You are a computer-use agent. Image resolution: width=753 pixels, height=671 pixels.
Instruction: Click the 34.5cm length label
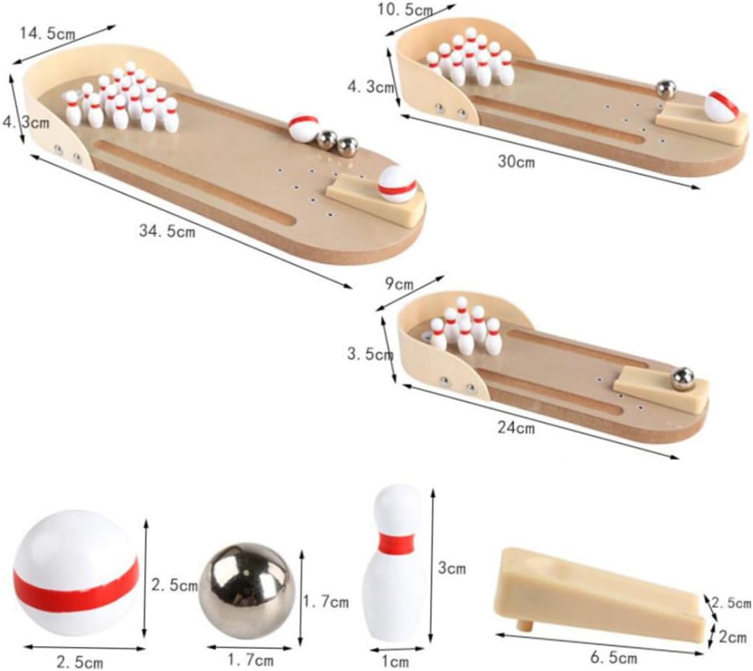166,230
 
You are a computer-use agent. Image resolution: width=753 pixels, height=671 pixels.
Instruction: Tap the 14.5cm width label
49,34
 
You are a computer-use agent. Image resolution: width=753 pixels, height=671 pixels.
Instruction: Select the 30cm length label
516,162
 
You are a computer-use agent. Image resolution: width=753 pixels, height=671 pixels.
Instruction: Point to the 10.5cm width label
405,11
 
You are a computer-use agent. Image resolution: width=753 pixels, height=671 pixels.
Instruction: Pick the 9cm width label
399,283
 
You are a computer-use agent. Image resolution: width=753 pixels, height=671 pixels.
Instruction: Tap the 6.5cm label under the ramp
613,658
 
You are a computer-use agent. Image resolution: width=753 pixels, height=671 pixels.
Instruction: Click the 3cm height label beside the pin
451,569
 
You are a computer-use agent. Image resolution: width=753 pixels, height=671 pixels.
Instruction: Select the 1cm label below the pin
394,661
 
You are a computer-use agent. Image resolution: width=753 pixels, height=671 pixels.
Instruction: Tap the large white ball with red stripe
76,573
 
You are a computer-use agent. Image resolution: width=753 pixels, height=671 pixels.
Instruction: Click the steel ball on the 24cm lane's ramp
682,378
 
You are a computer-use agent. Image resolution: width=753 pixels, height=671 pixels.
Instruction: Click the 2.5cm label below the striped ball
79,662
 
